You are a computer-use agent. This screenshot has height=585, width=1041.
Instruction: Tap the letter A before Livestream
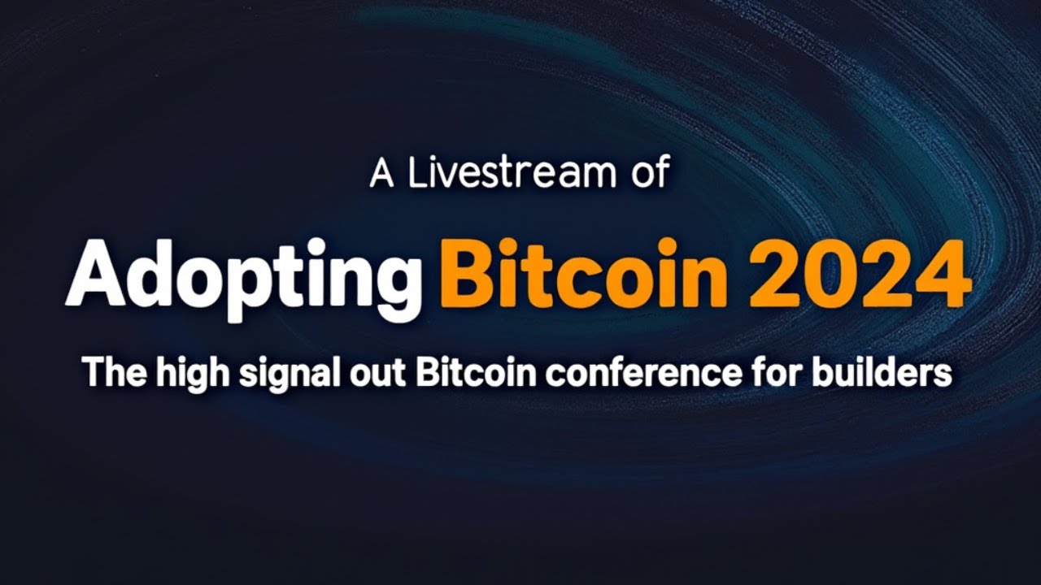tap(382, 173)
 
